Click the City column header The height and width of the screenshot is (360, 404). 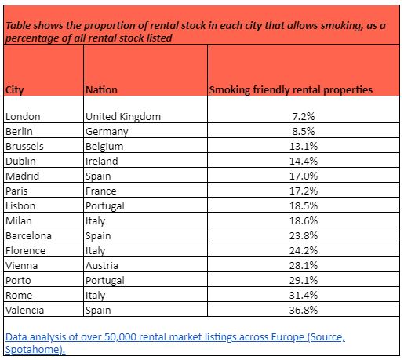click(x=15, y=90)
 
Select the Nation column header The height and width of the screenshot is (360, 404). click(x=101, y=90)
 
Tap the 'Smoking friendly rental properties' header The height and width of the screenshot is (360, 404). click(x=291, y=90)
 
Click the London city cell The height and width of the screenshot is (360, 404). click(x=23, y=117)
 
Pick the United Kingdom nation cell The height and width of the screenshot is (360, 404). click(x=123, y=117)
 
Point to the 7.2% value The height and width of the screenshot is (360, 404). click(x=304, y=117)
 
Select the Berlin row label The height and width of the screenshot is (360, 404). click(x=19, y=131)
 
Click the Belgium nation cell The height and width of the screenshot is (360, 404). click(x=104, y=147)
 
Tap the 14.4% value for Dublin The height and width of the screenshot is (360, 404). click(x=304, y=161)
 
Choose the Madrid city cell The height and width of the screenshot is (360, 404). click(x=23, y=176)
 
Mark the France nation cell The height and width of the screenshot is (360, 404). click(x=101, y=191)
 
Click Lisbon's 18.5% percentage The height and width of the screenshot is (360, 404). click(x=304, y=205)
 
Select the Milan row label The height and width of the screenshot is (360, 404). click(x=19, y=221)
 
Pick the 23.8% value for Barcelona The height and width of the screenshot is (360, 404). click(x=304, y=236)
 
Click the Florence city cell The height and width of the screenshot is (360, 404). click(x=26, y=251)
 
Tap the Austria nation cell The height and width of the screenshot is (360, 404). click(x=102, y=266)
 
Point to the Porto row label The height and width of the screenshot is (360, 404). click(x=18, y=281)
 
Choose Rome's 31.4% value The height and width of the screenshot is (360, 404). click(x=304, y=296)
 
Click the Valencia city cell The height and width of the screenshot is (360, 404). click(x=25, y=311)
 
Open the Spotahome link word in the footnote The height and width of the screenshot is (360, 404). click(x=35, y=350)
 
